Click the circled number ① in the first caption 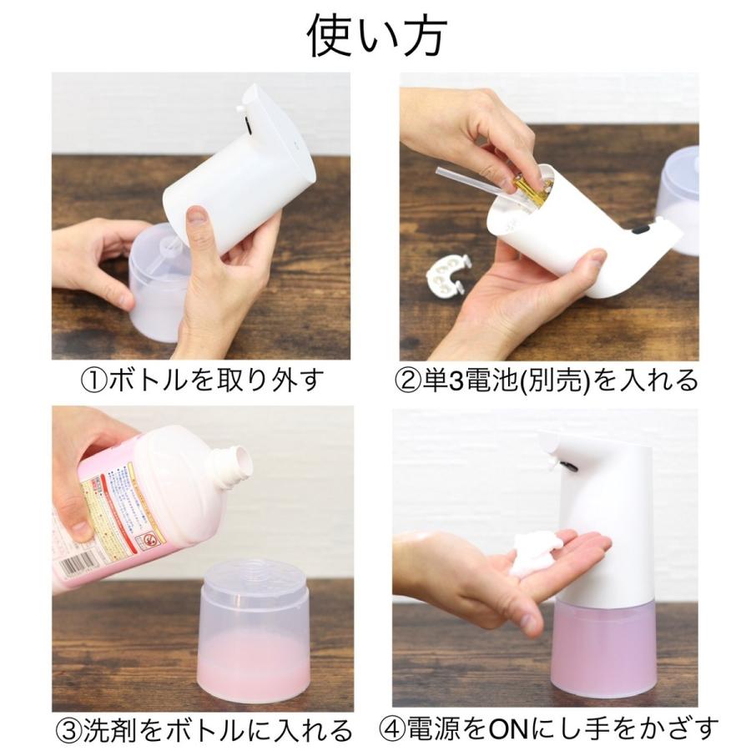(x=93, y=381)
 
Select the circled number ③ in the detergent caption (x=69, y=729)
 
